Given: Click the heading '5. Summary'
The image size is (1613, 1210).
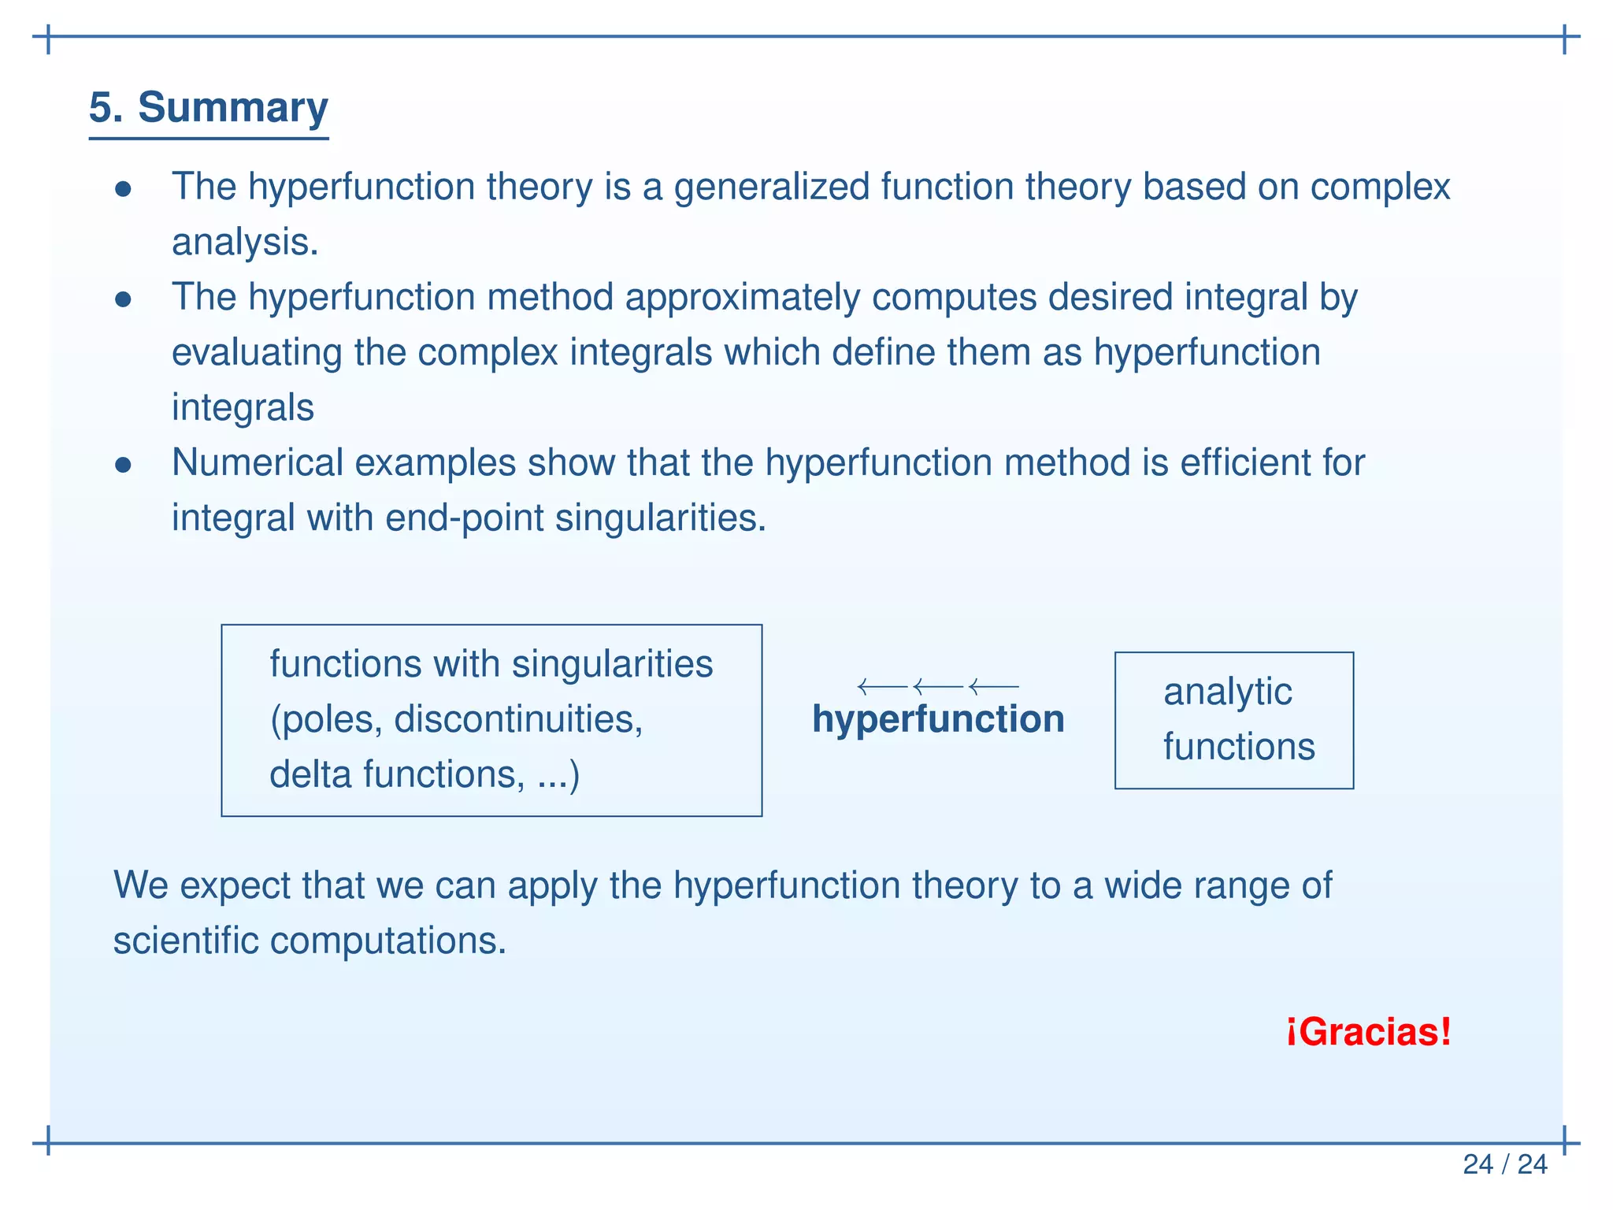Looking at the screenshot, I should (x=208, y=107).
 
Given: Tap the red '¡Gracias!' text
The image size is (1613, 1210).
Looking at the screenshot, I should (x=1368, y=1032).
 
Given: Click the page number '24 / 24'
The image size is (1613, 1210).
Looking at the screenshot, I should (x=1504, y=1164).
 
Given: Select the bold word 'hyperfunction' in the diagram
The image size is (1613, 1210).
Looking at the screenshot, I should (x=938, y=719).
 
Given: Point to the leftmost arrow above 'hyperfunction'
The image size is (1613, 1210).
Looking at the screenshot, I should (x=882, y=687).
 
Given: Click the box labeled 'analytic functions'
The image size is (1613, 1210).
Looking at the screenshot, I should (x=1233, y=720).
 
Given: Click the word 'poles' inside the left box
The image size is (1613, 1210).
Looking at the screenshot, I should (x=331, y=719).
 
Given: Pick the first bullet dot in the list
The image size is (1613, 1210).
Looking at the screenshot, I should (x=123, y=189).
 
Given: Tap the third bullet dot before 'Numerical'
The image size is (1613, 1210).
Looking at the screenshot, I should (x=123, y=465).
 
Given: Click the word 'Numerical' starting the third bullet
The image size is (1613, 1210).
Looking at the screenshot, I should (x=258, y=463).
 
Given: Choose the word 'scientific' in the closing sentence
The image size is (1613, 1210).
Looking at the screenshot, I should (x=185, y=941).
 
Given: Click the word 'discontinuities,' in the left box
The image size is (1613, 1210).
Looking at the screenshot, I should (x=518, y=719).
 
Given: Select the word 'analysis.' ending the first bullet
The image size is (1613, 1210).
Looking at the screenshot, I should (x=245, y=243).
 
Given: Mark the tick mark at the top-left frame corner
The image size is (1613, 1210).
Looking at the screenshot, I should (x=49, y=37).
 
